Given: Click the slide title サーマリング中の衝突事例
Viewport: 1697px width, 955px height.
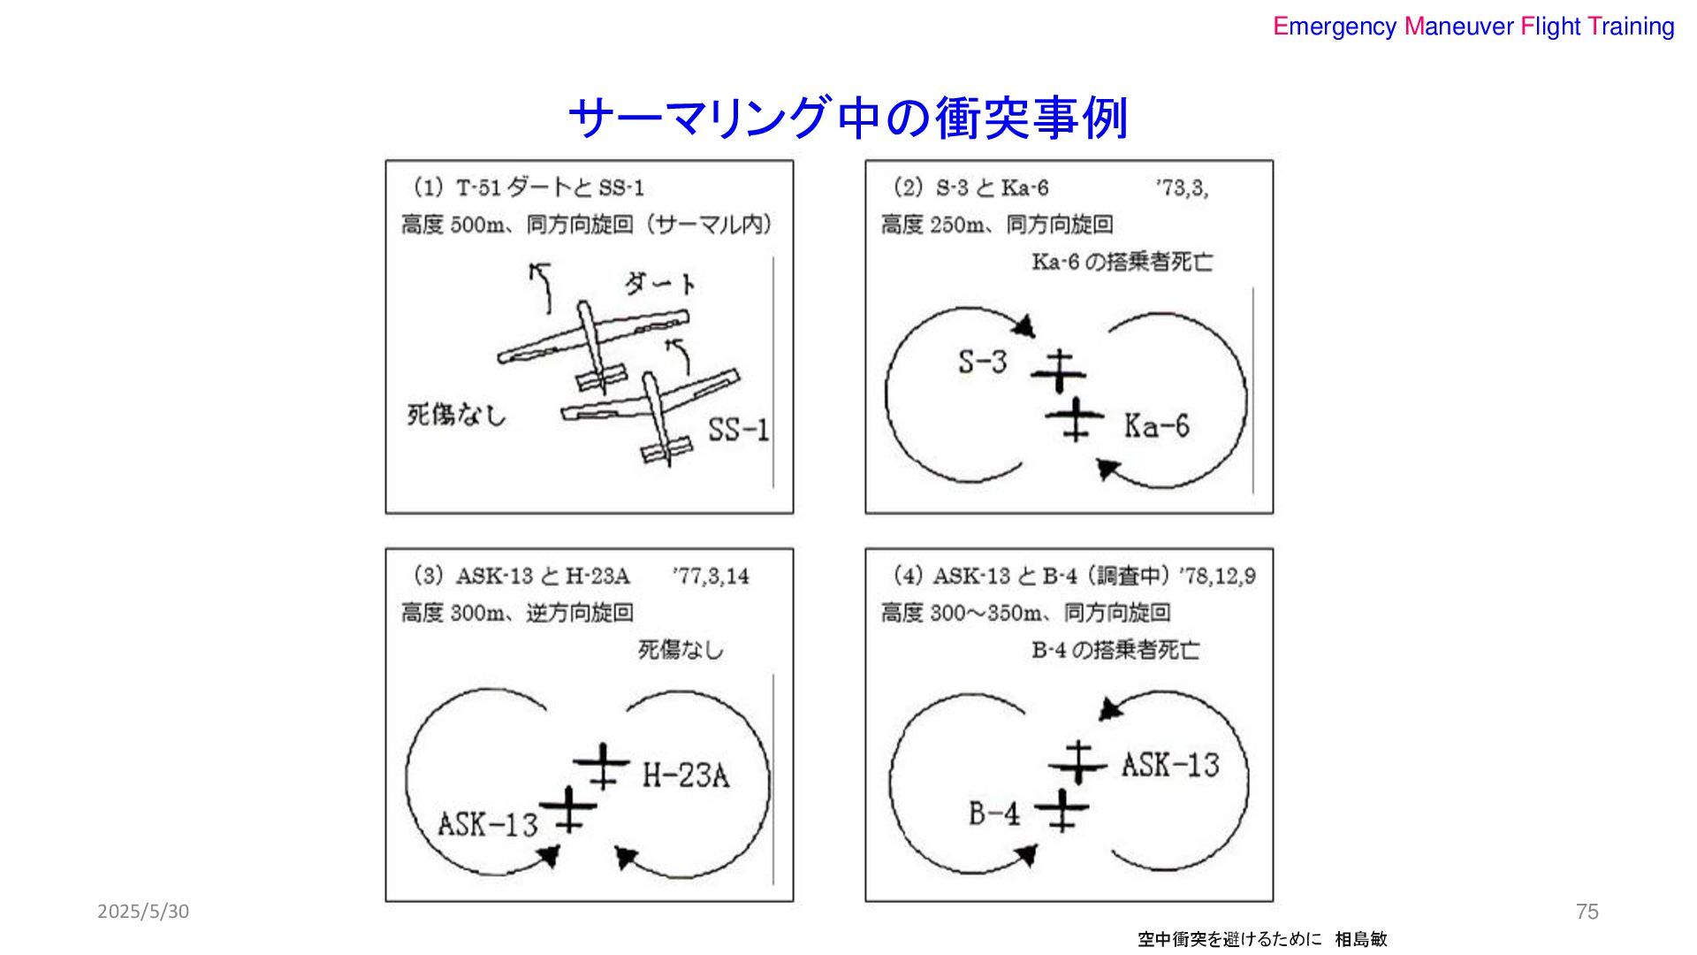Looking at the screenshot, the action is pos(848,118).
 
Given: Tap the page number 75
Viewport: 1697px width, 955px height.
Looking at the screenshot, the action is pos(1587,912).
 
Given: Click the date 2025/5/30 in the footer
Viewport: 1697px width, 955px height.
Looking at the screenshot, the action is pos(143,912).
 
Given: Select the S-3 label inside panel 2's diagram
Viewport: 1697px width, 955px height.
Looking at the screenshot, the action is pos(982,362).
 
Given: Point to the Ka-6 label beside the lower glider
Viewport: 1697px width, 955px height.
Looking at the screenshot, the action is pos(1156,426).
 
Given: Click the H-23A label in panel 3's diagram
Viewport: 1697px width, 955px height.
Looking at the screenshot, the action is pos(685,775).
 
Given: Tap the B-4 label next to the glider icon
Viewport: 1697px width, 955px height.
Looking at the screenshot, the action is pos(993,813).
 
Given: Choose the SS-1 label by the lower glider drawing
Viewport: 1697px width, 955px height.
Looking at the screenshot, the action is pos(738,430).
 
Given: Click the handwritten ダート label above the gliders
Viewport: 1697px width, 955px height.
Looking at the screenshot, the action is pos(659,283).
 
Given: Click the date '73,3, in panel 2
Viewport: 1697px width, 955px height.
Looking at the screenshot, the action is pos(1181,188).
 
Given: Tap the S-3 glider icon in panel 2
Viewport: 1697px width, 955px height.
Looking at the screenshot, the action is pos(1058,371).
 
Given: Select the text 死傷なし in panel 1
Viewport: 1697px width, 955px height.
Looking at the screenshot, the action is pos(456,415).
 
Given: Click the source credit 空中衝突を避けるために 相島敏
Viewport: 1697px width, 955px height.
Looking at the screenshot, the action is pos(1262,939).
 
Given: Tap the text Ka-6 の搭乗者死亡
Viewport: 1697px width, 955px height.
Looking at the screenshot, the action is pos(1122,263).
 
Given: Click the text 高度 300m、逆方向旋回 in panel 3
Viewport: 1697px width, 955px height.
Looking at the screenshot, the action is pos(517,613).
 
